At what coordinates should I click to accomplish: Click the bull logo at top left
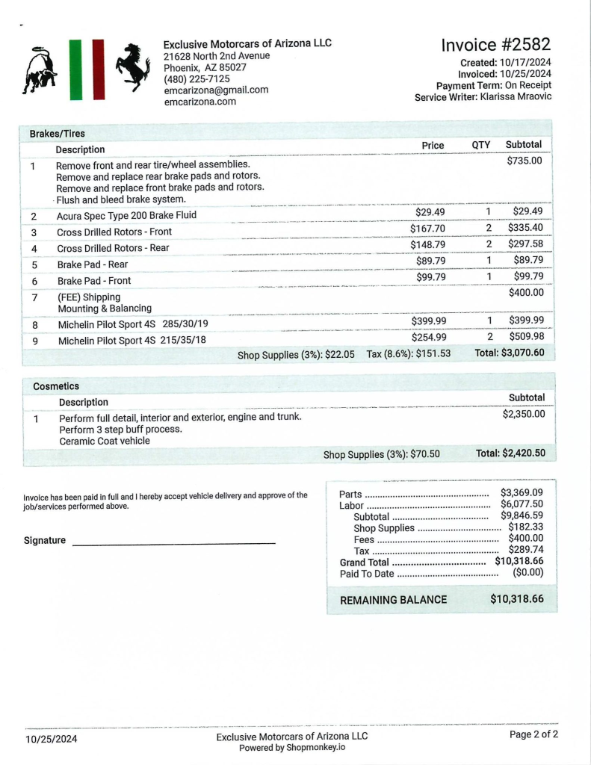point(40,72)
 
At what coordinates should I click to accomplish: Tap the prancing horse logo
point(133,67)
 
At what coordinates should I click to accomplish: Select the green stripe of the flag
point(75,69)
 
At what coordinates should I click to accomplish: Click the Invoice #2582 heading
point(496,45)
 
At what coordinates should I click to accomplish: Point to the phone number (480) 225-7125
point(197,79)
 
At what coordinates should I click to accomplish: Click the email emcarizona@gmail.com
point(216,90)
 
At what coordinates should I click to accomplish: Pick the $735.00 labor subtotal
point(525,161)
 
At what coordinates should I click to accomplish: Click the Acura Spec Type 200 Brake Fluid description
point(127,216)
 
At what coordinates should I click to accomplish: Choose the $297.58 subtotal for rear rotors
point(525,244)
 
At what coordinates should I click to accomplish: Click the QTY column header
point(481,145)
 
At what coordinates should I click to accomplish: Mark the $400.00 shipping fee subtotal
point(526,293)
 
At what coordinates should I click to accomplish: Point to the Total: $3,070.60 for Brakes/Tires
point(510,353)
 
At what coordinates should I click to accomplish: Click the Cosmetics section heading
point(56,386)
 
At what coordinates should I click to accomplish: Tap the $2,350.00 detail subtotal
point(524,414)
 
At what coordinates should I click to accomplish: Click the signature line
point(173,542)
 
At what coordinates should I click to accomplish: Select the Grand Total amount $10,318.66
point(519,562)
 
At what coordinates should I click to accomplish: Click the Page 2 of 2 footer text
point(533,734)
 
